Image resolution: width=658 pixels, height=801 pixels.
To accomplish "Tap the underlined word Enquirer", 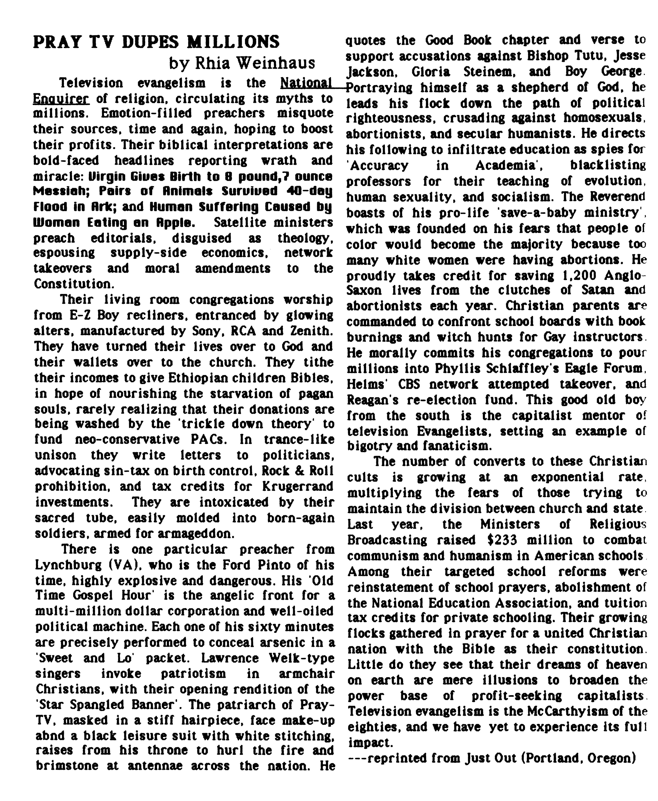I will coord(61,99).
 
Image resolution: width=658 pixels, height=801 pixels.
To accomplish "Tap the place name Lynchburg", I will coord(68,565).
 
